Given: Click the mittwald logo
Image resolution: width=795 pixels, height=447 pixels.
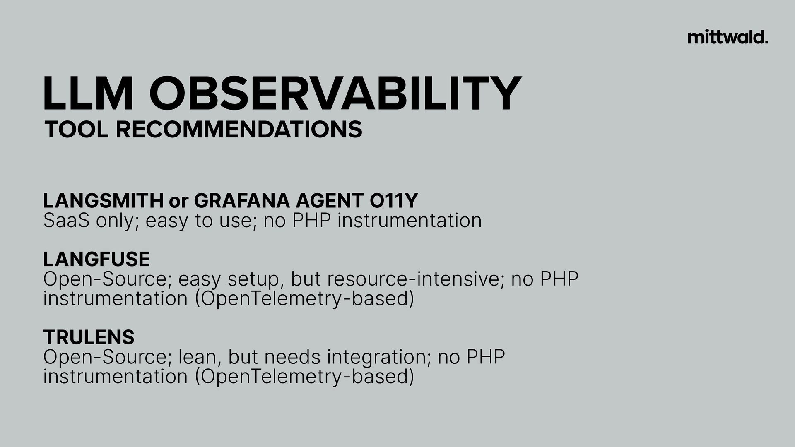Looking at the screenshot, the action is click(728, 37).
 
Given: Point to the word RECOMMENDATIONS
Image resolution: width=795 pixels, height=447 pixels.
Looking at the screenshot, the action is click(239, 130).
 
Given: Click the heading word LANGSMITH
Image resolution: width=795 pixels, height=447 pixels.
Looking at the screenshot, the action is click(104, 201).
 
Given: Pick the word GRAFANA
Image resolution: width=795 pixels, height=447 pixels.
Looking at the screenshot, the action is click(242, 201).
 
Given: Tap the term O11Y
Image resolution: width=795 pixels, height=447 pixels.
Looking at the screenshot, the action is click(393, 201).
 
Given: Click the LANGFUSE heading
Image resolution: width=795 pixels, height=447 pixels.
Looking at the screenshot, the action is click(96, 260).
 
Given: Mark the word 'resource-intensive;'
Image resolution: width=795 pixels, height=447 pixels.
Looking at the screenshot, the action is click(416, 279).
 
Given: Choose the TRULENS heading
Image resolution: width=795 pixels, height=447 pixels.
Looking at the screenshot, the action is click(89, 337).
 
